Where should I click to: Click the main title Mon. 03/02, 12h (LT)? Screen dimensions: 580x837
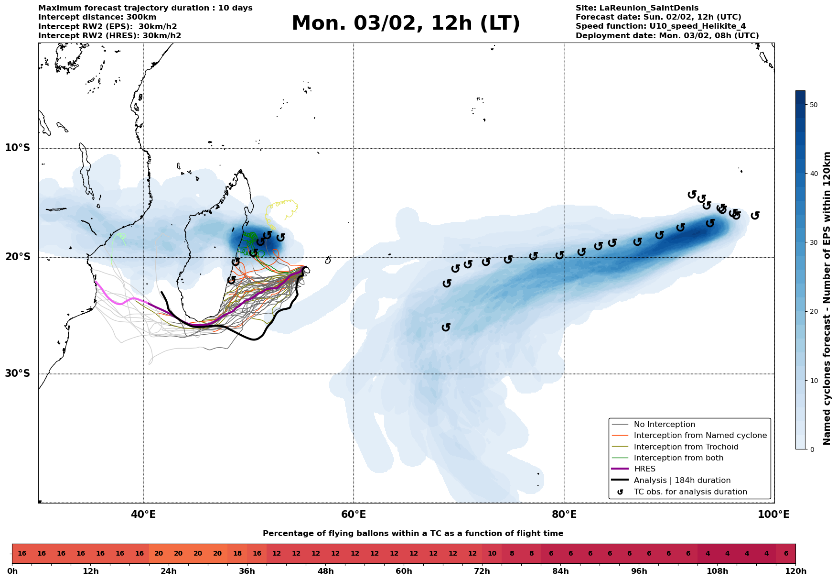point(405,23)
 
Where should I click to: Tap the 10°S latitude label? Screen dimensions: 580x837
point(18,148)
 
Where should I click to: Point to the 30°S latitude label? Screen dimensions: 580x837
point(18,373)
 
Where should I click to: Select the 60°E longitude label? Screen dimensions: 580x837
point(354,514)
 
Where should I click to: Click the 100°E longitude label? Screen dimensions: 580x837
point(773,514)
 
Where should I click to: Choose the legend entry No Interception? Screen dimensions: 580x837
point(664,425)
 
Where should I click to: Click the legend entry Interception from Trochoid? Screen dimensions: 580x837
point(686,447)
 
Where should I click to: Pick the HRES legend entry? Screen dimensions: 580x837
point(644,469)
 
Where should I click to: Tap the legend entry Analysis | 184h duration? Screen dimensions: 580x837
point(682,481)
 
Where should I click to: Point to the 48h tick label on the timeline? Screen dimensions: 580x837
point(325,571)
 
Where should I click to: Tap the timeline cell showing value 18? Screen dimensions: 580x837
point(237,554)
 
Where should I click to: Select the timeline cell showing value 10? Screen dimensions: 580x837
point(492,554)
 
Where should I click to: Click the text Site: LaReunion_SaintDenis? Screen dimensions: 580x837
point(637,8)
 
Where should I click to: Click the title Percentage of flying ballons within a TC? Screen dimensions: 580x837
point(413,534)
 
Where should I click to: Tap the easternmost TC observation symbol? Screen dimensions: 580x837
point(755,216)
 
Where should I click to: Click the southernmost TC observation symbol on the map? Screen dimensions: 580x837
point(446,327)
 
